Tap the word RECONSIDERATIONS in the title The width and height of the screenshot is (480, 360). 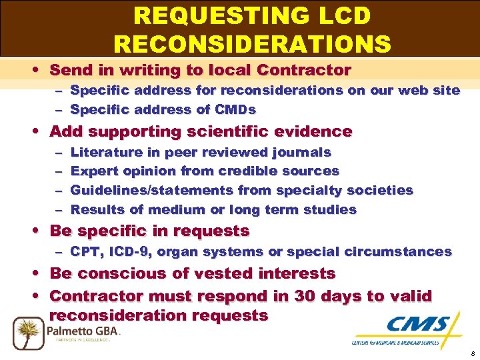coord(252,44)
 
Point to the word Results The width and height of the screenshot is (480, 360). coord(97,210)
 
